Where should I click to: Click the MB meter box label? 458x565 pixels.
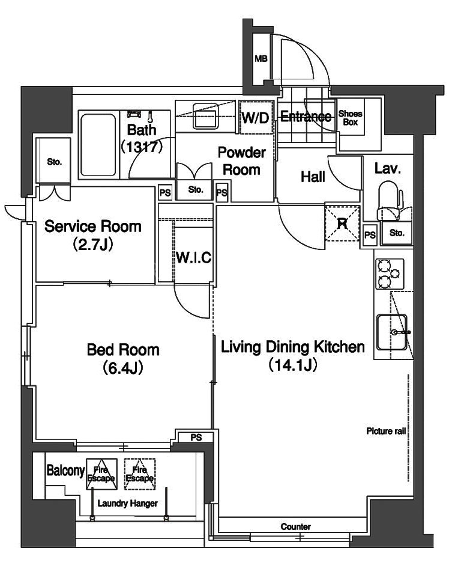(x=261, y=58)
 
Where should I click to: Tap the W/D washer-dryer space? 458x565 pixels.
(x=256, y=117)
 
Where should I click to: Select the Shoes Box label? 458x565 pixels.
(x=351, y=118)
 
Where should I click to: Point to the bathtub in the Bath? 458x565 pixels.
(x=98, y=145)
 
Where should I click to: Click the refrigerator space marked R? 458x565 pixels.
(x=342, y=224)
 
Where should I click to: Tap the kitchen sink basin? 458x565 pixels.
(x=392, y=332)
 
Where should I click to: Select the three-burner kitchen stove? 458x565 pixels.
(x=390, y=274)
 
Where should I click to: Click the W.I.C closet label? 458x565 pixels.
(x=193, y=257)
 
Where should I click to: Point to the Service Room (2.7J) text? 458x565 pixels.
(x=93, y=235)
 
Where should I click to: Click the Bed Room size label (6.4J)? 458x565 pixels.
(x=124, y=368)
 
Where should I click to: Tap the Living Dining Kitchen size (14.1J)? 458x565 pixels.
(x=292, y=365)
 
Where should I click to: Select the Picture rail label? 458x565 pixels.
(x=386, y=431)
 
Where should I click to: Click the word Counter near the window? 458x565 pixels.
(x=296, y=527)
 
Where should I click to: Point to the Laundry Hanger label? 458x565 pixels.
(x=128, y=503)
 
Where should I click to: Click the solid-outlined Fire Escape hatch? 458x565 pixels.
(x=102, y=474)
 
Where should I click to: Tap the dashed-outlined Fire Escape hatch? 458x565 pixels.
(x=140, y=474)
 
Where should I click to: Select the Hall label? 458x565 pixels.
(x=313, y=177)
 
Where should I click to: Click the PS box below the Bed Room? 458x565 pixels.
(x=196, y=438)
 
